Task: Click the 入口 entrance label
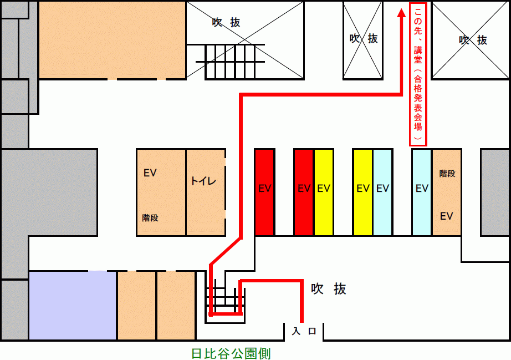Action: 304,331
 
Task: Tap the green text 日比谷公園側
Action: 231,353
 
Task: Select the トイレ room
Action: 206,192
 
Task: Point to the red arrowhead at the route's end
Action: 401,15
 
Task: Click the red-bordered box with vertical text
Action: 418,74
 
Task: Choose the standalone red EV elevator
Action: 264,192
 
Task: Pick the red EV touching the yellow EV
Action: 303,192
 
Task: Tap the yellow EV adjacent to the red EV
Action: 324,192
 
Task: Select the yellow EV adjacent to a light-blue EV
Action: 362,192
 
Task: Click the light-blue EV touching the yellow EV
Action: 382,192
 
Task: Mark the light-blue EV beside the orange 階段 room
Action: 422,192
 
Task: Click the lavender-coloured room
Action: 73,305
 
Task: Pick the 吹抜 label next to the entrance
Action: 328,289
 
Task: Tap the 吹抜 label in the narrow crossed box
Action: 364,38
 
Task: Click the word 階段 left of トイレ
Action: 150,218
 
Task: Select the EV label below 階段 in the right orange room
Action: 447,216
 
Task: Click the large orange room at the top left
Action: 111,39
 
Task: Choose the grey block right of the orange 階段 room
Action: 495,192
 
